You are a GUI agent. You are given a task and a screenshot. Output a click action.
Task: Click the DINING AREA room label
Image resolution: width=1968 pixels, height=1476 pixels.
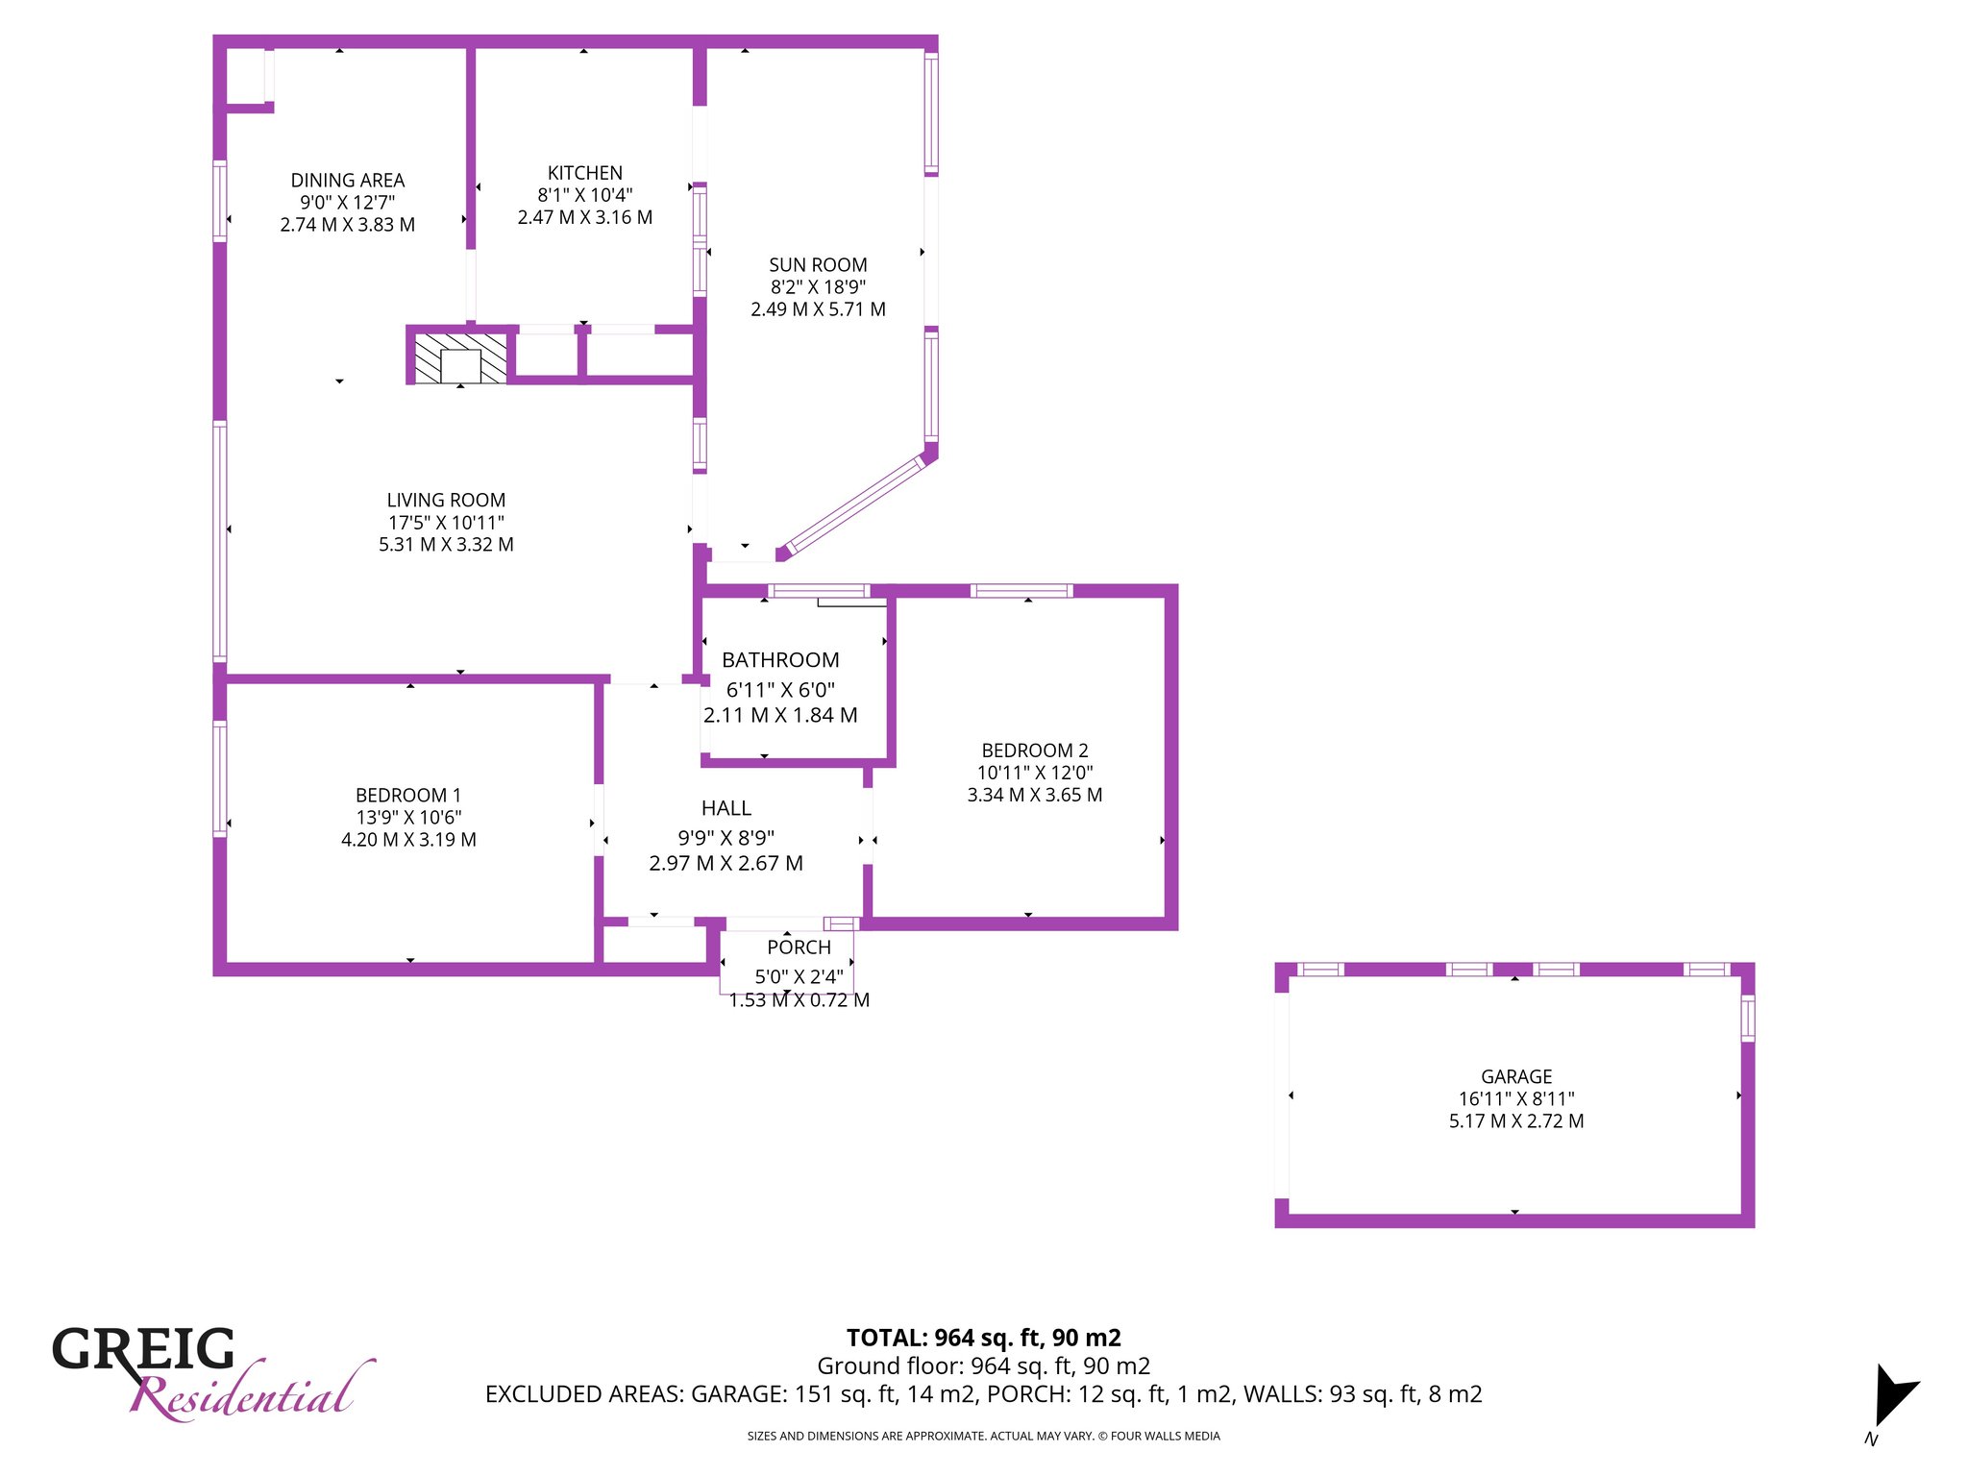(348, 181)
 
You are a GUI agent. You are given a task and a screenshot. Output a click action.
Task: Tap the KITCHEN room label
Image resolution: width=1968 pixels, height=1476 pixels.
(585, 173)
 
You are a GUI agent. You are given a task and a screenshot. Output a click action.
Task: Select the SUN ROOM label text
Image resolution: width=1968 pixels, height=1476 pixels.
(818, 265)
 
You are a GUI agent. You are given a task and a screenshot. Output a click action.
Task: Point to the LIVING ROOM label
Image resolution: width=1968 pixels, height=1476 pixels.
(446, 501)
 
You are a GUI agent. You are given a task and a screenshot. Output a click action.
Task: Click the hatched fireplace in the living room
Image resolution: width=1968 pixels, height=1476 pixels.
(460, 358)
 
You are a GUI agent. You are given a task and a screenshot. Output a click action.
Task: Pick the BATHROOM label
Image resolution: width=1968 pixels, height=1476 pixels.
(780, 660)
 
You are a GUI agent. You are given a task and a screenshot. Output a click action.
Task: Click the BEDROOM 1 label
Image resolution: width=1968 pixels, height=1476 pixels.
(408, 796)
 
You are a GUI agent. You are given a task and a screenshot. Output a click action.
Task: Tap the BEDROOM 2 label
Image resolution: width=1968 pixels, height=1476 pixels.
(1035, 750)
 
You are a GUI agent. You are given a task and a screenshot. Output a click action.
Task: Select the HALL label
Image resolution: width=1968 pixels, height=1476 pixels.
(726, 808)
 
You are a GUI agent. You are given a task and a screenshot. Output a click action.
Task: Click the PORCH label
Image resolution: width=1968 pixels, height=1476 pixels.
(799, 947)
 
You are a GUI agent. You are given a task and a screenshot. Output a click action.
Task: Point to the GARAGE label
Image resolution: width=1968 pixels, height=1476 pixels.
(1516, 1077)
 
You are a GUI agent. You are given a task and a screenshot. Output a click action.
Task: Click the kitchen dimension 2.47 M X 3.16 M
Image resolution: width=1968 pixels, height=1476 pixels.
(585, 217)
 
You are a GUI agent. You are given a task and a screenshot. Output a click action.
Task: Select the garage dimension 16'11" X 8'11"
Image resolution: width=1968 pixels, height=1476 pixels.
(1516, 1098)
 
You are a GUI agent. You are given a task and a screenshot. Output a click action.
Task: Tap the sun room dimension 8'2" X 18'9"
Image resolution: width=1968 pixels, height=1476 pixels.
(818, 286)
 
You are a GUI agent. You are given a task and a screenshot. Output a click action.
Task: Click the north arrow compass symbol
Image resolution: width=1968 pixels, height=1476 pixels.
(1894, 1394)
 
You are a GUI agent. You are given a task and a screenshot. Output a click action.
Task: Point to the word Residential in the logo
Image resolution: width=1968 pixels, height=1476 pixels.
(252, 1390)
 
